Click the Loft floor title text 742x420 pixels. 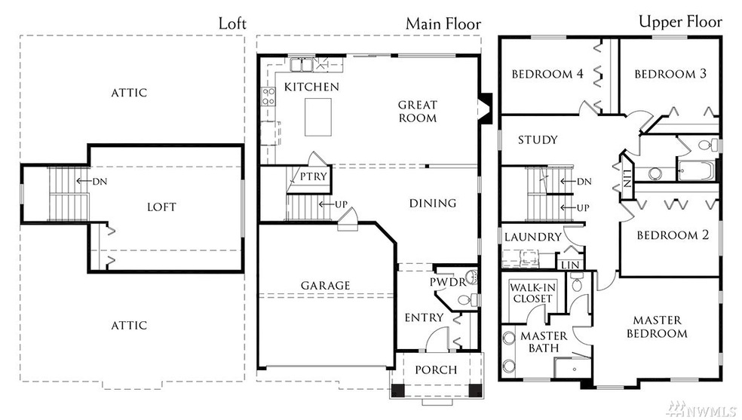coord(232,23)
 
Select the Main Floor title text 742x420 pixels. coord(443,23)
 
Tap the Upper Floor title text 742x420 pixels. coord(679,21)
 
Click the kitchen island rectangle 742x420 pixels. coord(320,118)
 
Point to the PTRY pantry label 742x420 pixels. coord(313,176)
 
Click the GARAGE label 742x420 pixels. coord(325,286)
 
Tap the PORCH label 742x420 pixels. coord(436,369)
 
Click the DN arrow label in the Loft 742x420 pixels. coord(100,181)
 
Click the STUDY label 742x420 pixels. coord(538,140)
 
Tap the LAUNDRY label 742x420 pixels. coord(532,237)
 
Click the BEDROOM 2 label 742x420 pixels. coord(673,235)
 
